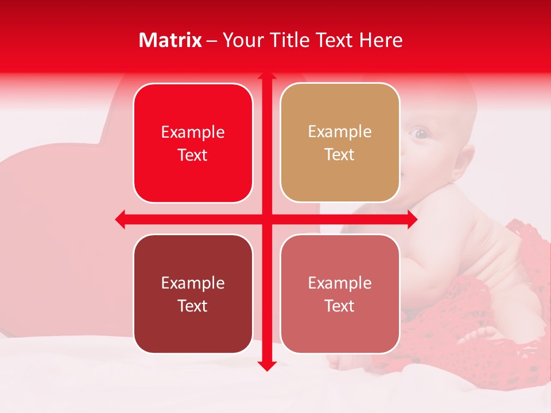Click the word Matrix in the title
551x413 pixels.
click(170, 40)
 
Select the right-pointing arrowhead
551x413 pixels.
click(412, 219)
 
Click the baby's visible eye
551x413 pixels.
click(421, 134)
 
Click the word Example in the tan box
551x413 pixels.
click(340, 131)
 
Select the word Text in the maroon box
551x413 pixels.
click(193, 306)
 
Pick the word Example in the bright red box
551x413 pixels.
click(193, 132)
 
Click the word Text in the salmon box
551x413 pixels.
click(340, 306)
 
